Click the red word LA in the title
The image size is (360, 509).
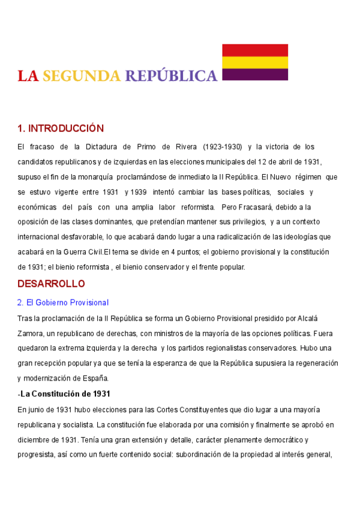click(x=28, y=76)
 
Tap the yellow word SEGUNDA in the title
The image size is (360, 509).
click(x=82, y=76)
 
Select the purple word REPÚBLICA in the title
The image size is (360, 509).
click(x=171, y=76)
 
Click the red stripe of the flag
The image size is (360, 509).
click(x=255, y=50)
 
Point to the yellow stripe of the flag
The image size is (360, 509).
click(x=255, y=62)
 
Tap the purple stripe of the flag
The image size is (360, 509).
click(x=255, y=74)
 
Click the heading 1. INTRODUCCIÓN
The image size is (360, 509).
click(x=61, y=128)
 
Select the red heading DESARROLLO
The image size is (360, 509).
click(x=52, y=283)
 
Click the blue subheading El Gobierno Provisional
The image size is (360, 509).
click(x=62, y=303)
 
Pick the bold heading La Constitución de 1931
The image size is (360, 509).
click(x=65, y=394)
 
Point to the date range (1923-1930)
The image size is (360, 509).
click(x=222, y=147)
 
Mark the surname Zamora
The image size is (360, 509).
click(x=31, y=333)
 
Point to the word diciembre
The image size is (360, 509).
click(x=35, y=439)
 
